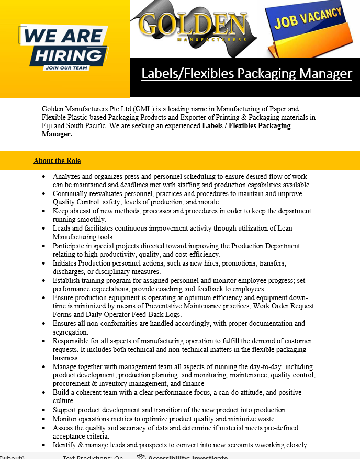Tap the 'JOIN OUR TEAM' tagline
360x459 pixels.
tap(66, 67)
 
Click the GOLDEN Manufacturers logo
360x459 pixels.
tap(192, 27)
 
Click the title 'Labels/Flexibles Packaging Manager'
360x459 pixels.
tap(246, 74)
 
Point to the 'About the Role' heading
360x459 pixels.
tap(57, 160)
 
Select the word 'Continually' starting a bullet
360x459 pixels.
tap(70, 193)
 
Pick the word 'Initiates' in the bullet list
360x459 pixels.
tap(65, 263)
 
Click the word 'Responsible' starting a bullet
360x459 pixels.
tap(72, 341)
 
